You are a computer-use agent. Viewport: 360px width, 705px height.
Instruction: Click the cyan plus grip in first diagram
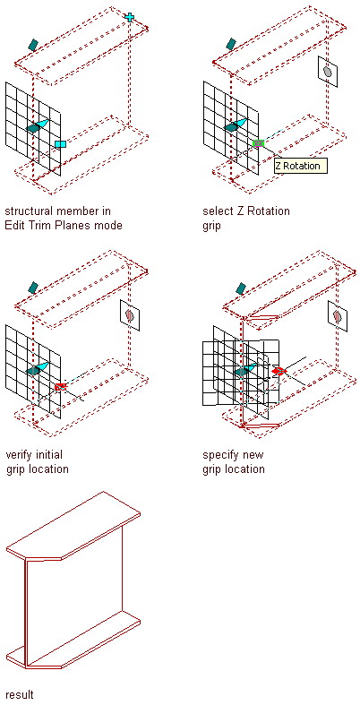130,18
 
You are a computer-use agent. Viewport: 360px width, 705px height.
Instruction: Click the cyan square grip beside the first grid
60,144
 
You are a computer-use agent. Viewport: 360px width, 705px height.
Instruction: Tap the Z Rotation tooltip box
301,166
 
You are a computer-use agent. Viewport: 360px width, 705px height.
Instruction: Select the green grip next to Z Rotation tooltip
258,143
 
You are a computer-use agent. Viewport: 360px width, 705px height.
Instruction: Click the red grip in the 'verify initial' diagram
60,386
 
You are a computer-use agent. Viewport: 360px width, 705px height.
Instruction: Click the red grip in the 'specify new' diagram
279,371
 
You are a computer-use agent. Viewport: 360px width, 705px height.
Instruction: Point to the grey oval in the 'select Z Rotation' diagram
328,72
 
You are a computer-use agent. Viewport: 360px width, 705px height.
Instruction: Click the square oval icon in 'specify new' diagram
338,316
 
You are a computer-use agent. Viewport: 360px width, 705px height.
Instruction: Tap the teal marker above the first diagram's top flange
33,45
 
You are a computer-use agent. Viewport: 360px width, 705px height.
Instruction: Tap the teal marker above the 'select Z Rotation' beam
231,44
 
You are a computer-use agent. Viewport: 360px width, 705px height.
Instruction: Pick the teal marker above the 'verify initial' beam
33,288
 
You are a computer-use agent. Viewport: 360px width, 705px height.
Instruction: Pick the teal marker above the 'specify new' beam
241,288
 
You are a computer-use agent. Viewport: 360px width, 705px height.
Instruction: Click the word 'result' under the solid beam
20,694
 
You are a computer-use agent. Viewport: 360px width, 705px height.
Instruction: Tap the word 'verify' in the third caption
21,455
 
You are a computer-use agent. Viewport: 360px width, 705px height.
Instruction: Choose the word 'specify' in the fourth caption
220,455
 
